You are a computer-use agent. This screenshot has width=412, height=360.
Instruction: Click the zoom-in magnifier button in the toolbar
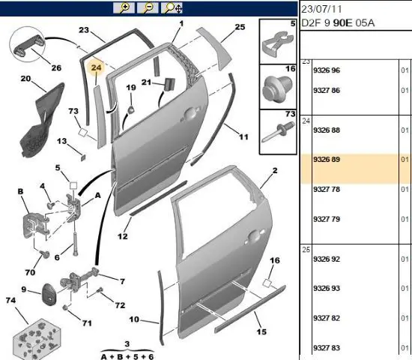[x=124, y=8]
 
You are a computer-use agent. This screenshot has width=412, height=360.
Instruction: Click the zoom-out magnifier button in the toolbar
[x=148, y=8]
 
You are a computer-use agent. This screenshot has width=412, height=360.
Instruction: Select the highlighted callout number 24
[x=96, y=67]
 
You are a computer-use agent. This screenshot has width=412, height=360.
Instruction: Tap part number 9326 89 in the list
[x=327, y=160]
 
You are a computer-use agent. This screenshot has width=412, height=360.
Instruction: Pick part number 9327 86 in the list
[x=327, y=90]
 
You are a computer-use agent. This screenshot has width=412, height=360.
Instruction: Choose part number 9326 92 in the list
[x=327, y=259]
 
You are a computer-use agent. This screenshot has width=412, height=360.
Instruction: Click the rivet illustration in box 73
[x=277, y=132]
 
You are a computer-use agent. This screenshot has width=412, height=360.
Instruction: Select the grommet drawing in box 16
[x=277, y=89]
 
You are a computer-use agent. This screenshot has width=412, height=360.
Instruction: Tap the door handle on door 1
[x=190, y=115]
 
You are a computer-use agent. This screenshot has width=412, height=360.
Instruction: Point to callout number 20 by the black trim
[x=25, y=79]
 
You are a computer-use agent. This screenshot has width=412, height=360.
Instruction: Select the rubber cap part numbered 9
[x=48, y=293]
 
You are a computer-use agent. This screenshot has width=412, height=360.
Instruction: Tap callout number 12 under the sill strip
[x=123, y=236]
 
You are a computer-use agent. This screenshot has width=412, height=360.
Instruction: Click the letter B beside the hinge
[x=20, y=191]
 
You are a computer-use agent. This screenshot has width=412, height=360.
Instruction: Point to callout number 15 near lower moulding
[x=261, y=331]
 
